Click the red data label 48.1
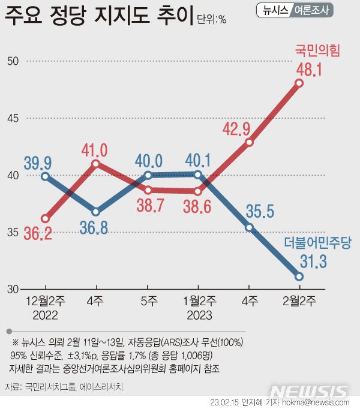pos(310,70)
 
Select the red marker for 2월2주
pos(299,83)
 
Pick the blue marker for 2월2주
pos(299,276)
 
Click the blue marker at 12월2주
pos(45,176)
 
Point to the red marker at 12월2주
pos(45,218)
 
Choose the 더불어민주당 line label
pos(317,243)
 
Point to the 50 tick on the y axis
pos(14,61)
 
